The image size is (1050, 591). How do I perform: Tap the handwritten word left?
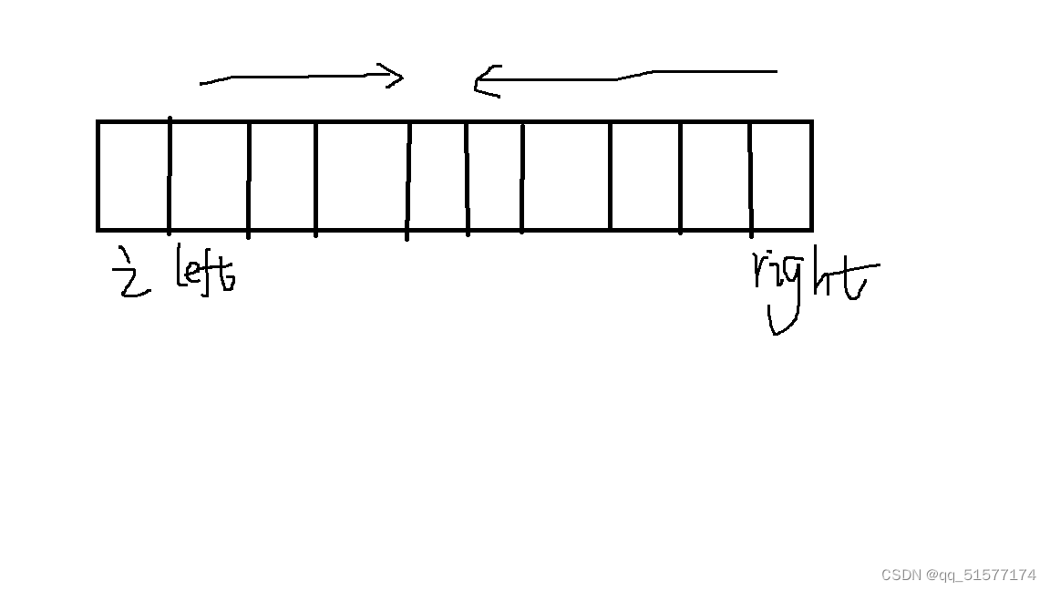pyautogui.click(x=205, y=269)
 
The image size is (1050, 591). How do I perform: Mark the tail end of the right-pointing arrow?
pyautogui.click(x=202, y=83)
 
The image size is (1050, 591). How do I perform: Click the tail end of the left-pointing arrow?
pyautogui.click(x=774, y=70)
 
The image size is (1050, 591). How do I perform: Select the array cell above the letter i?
pyautogui.click(x=133, y=175)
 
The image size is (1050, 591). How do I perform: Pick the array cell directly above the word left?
pyautogui.click(x=209, y=175)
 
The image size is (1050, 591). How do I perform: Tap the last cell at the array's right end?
pyautogui.click(x=781, y=175)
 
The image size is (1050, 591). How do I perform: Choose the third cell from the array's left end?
pyautogui.click(x=283, y=175)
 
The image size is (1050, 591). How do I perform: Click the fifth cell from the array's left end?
pyautogui.click(x=437, y=175)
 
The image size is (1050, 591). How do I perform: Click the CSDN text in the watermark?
pyautogui.click(x=901, y=575)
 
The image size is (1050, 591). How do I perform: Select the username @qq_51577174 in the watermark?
pyautogui.click(x=981, y=575)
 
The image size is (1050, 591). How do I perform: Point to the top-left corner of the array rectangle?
pyautogui.click(x=98, y=121)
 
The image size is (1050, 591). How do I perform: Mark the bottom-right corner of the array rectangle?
pyautogui.click(x=810, y=229)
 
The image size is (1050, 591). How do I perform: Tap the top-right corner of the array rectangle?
pyautogui.click(x=810, y=121)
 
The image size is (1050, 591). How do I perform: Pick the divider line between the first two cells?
pyautogui.click(x=170, y=175)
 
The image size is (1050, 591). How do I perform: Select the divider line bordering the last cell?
pyautogui.click(x=751, y=175)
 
